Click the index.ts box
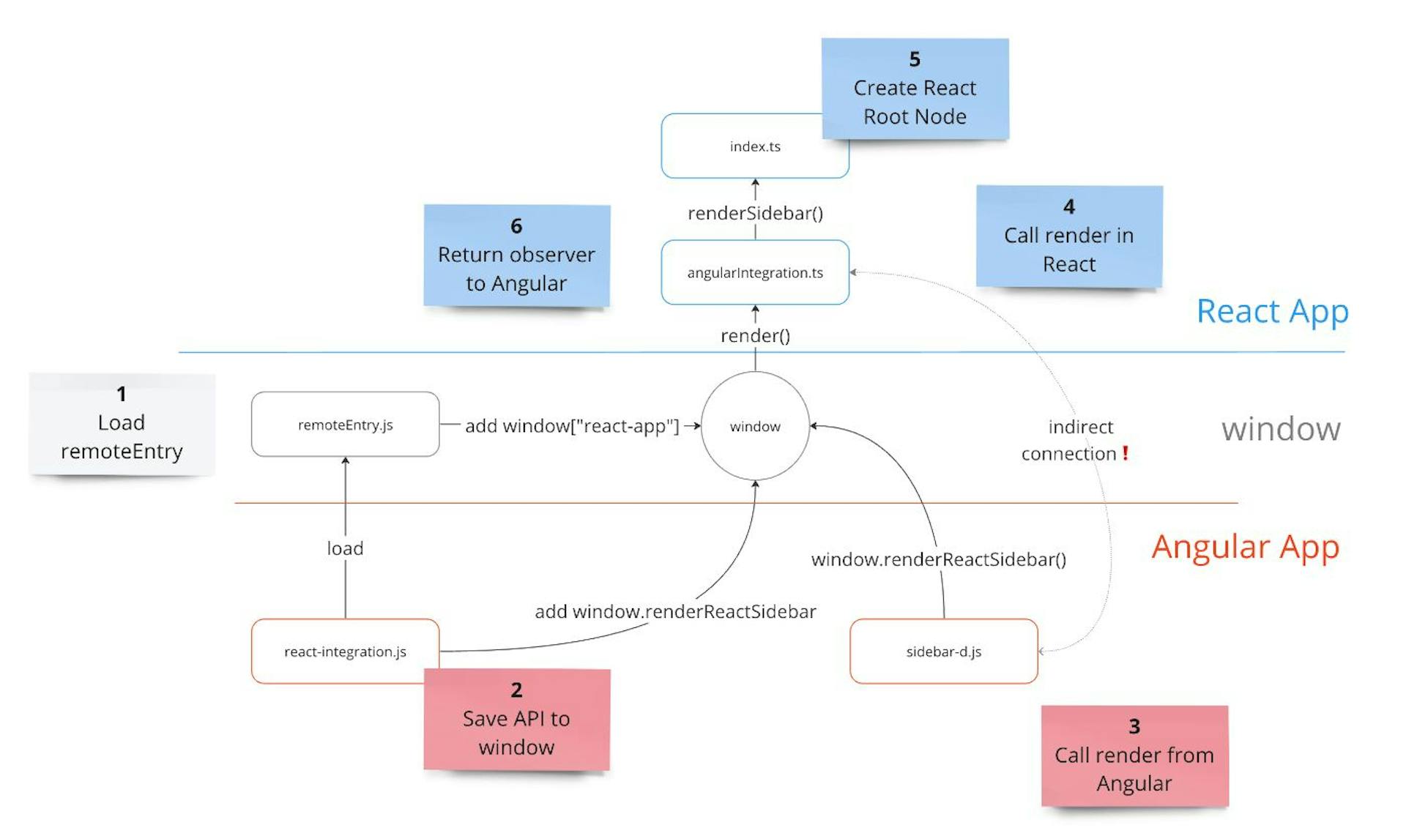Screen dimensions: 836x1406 [754, 146]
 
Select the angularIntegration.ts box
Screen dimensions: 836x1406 [754, 272]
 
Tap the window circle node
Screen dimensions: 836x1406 [755, 426]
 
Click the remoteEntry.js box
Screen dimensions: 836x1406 [345, 425]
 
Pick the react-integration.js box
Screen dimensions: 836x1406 [345, 651]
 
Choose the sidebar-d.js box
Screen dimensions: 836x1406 [943, 651]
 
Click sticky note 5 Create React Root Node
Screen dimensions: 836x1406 [915, 89]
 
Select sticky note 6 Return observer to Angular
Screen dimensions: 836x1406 [516, 255]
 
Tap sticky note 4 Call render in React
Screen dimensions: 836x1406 [1068, 236]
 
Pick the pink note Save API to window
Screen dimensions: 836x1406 [516, 720]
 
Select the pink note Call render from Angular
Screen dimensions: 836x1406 [1134, 756]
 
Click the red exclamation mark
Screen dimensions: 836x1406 [1126, 453]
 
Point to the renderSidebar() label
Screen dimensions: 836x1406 [755, 213]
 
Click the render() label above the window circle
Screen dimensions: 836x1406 [755, 336]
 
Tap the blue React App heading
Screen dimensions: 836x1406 [1272, 312]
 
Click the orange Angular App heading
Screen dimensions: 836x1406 [1245, 547]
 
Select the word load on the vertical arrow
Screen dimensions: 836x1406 [345, 548]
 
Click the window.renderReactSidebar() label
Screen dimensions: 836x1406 [938, 559]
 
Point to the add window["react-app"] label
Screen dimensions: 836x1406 [572, 426]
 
